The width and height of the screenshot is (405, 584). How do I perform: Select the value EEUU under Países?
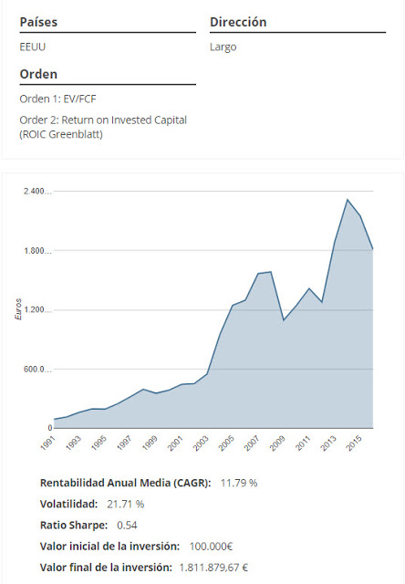pyautogui.click(x=33, y=47)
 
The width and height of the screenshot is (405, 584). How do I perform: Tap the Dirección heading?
pyautogui.click(x=238, y=21)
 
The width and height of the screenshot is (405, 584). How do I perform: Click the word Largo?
pyautogui.click(x=223, y=47)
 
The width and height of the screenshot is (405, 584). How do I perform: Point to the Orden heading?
pyautogui.click(x=38, y=74)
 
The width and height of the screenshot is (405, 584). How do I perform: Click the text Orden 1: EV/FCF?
pyautogui.click(x=59, y=99)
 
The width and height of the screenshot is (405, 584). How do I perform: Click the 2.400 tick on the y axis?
pyautogui.click(x=36, y=192)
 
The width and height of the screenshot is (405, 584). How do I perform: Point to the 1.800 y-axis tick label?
pyautogui.click(x=36, y=251)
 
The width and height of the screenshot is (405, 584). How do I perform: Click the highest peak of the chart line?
pyautogui.click(x=348, y=199)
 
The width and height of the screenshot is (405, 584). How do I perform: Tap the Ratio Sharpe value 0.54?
pyautogui.click(x=127, y=525)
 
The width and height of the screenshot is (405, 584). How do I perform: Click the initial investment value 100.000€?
pyautogui.click(x=211, y=547)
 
